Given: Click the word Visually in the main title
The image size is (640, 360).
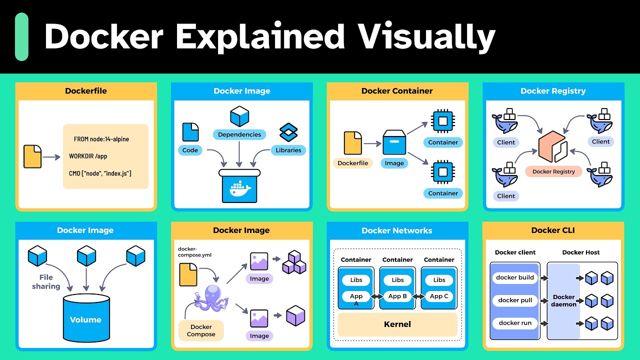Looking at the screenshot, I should point(426,36).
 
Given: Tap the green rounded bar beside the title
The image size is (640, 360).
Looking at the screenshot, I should point(21,36).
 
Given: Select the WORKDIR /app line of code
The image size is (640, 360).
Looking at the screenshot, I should point(88,156).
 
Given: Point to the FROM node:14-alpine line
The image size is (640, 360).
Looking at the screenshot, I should point(101,139).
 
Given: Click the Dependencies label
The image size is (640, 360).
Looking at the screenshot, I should point(239,134).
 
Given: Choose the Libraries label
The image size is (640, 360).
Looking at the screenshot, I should point(288,150).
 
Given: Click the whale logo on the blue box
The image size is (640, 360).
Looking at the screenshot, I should point(239,189).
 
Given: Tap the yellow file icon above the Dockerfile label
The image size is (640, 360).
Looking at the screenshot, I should point(353,143).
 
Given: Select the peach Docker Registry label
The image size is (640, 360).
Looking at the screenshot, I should point(553,171).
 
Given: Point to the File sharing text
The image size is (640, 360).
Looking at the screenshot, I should point(46,282).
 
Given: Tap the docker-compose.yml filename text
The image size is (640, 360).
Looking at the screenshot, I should point(195,252).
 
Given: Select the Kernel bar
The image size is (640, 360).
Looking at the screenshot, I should point(397,324).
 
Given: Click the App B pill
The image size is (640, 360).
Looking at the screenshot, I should point(397,296).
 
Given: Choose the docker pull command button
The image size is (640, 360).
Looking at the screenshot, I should point(515,300).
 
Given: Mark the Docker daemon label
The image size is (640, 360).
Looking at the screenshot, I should point(563,300).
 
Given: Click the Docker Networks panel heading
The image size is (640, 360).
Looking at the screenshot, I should point(397,230).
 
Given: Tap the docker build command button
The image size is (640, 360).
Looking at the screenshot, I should point(515,277).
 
